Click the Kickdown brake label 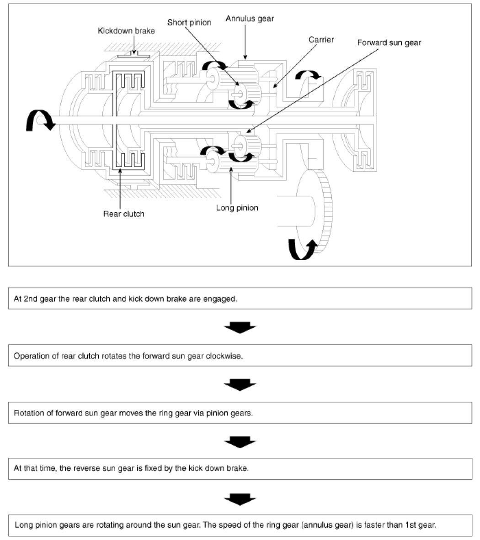[x=126, y=31]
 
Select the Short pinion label [x=189, y=22]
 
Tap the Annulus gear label [x=250, y=19]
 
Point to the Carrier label [x=321, y=40]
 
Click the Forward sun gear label [x=389, y=43]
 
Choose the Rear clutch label [x=123, y=214]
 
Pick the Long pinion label [x=237, y=208]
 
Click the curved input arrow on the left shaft [x=38, y=121]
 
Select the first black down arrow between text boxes [x=240, y=327]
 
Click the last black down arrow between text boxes [x=240, y=499]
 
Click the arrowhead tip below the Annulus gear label [x=245, y=58]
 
